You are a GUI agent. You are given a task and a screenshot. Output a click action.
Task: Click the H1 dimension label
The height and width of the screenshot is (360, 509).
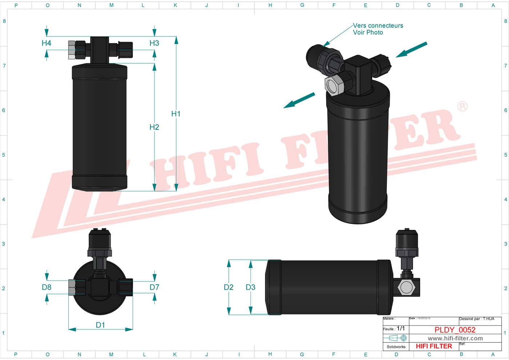click(x=176, y=114)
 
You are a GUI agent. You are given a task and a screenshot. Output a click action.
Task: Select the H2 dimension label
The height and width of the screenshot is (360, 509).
click(x=154, y=127)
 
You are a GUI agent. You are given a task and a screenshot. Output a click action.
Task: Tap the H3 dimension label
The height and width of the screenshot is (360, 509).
click(x=154, y=43)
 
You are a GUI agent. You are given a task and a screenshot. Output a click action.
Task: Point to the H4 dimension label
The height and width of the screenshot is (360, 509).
click(x=46, y=43)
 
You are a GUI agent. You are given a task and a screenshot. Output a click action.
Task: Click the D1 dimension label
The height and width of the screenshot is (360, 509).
click(x=100, y=325)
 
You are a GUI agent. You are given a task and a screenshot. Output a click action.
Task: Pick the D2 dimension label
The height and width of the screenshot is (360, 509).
click(x=228, y=287)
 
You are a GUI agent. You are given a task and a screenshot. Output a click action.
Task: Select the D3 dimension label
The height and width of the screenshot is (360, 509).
click(x=251, y=287)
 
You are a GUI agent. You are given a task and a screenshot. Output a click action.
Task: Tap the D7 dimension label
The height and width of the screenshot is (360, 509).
click(x=154, y=287)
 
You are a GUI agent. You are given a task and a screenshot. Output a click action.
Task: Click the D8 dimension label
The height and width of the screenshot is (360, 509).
click(x=47, y=287)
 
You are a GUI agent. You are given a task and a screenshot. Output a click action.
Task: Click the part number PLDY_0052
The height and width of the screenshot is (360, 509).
click(x=455, y=330)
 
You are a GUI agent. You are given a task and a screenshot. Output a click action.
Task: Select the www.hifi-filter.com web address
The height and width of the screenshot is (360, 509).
click(x=455, y=338)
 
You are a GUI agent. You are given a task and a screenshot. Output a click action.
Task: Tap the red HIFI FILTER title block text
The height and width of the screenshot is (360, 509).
click(x=434, y=346)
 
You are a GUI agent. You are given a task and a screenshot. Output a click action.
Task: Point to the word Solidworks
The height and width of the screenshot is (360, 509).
click(x=396, y=347)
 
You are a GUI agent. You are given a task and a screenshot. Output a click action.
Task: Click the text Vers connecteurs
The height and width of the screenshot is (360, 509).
click(x=378, y=25)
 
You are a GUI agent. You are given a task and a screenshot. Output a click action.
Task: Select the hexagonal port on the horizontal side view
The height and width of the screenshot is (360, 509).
click(x=406, y=287)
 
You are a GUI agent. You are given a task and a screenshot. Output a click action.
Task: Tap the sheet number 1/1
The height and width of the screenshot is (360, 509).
click(x=401, y=328)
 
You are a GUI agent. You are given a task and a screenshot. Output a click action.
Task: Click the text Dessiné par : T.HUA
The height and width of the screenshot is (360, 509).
click(x=477, y=319)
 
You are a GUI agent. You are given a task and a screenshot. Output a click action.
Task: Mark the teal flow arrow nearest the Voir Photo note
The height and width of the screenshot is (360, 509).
click(x=411, y=50)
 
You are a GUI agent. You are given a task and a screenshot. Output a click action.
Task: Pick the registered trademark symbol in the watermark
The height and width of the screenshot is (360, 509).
click(x=462, y=107)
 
